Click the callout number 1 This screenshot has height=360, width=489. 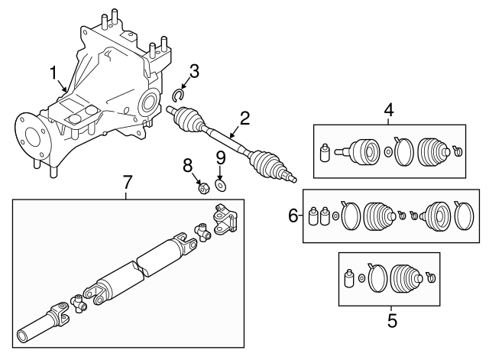tap(53, 73)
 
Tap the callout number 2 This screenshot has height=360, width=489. tap(244, 118)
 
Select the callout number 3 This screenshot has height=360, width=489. tap(194, 71)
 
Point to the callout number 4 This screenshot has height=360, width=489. tap(389, 110)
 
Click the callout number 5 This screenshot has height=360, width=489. tap(392, 321)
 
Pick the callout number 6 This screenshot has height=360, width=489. tap(293, 216)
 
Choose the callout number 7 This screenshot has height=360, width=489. tap(127, 182)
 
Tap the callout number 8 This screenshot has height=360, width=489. tap(188, 165)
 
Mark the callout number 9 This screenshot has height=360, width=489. tap(221, 158)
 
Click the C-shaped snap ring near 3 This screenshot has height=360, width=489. tap(175, 95)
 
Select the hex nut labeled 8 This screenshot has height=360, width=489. tap(203, 188)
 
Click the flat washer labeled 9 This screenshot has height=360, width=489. tap(221, 185)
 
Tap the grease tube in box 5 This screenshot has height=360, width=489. tap(349, 277)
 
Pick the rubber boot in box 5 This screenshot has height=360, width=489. tap(406, 278)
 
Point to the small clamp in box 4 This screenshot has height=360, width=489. tap(458, 151)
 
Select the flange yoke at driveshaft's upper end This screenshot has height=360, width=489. tap(225, 219)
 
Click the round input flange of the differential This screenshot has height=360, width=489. tap(32, 138)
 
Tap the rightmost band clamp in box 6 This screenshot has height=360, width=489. tap(464, 216)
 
